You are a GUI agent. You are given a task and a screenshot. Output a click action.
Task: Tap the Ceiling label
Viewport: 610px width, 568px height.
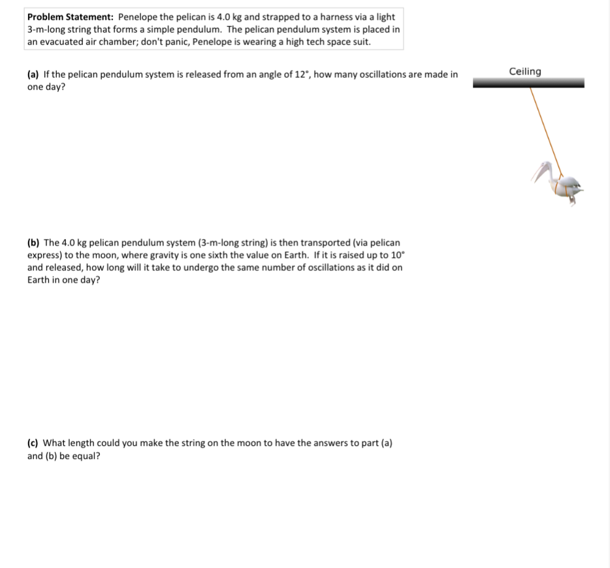click(x=525, y=71)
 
